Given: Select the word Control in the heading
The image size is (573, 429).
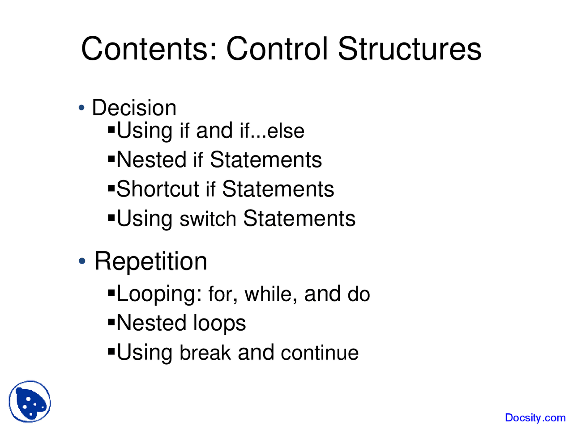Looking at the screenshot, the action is coord(277,49).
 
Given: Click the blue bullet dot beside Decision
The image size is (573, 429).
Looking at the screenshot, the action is coord(81,107).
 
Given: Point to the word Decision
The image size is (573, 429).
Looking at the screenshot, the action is coord(134,108).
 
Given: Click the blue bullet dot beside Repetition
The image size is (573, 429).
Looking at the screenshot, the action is coord(82,261).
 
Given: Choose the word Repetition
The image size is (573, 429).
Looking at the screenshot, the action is coord(150,261).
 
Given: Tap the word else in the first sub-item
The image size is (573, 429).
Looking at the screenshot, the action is coord(286,131).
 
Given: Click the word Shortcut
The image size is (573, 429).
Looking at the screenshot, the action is coord(158,189).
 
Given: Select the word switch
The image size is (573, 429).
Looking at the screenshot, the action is coord(208,219).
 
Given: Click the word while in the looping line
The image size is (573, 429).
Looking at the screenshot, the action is coord(271,294).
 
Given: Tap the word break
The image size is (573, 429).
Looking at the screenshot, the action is coord(205,353).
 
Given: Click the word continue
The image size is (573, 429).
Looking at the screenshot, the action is coord(320,353).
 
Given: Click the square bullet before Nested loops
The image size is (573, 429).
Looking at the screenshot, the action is coord(111,322).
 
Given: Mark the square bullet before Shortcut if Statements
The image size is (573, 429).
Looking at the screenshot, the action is coord(111,188).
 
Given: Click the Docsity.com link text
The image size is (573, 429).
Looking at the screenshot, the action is coord(535,418).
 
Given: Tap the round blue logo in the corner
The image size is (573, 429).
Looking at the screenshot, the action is coord(30,401).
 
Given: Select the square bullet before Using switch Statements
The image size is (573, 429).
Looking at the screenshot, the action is coord(111,218).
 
